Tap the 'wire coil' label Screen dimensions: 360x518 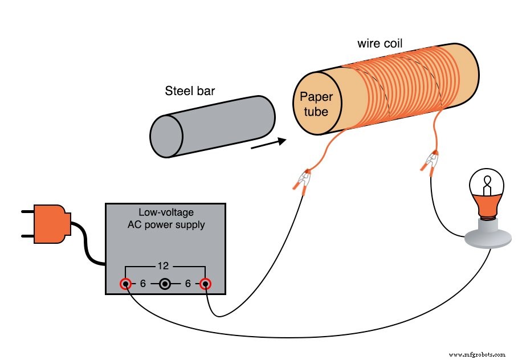[x=380, y=43]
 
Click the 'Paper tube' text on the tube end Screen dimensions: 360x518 [x=315, y=104]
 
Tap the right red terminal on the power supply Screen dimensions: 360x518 [x=205, y=284]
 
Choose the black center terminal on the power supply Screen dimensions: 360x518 [x=165, y=284]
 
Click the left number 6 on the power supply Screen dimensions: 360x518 [x=144, y=284]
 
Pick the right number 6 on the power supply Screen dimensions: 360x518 [x=186, y=284]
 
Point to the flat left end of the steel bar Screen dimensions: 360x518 [x=166, y=135]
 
